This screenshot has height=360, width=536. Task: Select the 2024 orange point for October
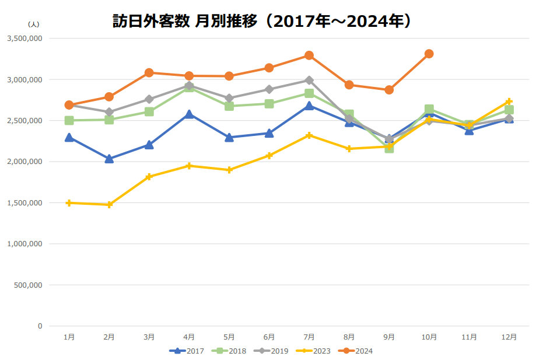[x=429, y=54]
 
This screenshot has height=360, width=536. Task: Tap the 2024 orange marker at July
[x=309, y=55]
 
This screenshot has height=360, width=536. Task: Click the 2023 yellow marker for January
[x=69, y=203]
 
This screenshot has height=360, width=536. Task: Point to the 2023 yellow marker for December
[x=509, y=102]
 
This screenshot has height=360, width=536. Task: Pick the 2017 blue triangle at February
[x=109, y=159]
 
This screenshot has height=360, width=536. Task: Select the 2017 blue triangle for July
[x=309, y=106]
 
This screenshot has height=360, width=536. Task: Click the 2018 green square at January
[x=69, y=120]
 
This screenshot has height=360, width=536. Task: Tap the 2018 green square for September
[x=389, y=149]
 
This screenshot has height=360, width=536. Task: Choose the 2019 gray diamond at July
[x=309, y=80]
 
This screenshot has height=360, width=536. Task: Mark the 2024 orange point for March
[x=149, y=72]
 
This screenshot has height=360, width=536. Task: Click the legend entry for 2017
[x=187, y=351]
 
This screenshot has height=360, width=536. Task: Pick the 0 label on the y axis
[x=40, y=326]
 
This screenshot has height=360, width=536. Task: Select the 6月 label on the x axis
[x=269, y=337]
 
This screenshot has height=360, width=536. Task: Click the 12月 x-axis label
[x=509, y=337]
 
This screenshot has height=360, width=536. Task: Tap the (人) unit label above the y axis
[x=33, y=24]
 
